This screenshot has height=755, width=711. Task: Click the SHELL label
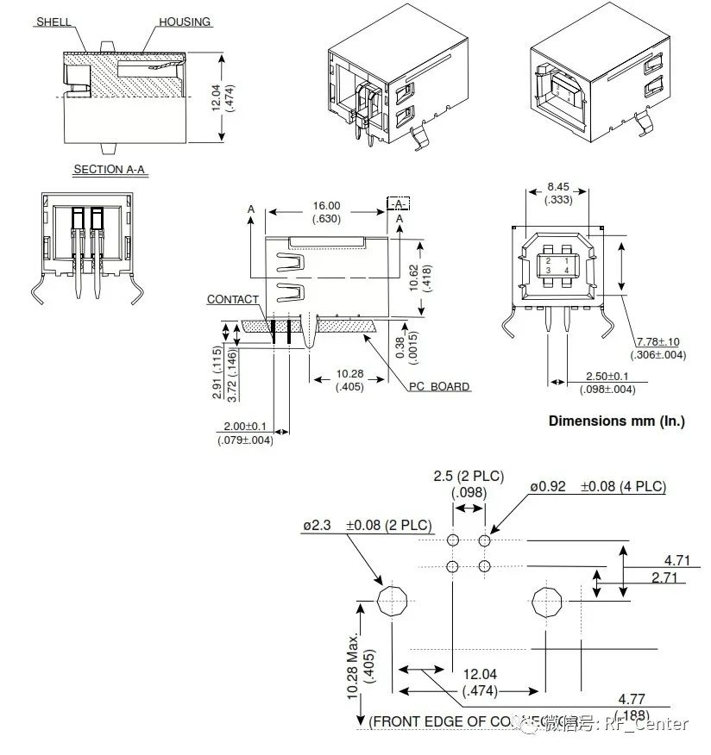tap(53, 22)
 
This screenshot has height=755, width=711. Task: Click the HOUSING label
tap(185, 22)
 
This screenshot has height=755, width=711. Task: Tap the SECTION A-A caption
tap(110, 170)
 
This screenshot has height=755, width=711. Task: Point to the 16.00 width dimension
tap(327, 206)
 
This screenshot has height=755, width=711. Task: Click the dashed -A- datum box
tap(398, 203)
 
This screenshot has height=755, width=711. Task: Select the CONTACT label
tap(232, 300)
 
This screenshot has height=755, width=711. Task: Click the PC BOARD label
tap(439, 386)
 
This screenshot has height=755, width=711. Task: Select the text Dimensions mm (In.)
tap(616, 421)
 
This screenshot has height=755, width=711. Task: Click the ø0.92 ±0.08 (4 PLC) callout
tap(598, 487)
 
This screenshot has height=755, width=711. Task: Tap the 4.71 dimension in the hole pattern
tap(677, 560)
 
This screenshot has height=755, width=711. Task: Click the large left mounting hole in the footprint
tap(393, 601)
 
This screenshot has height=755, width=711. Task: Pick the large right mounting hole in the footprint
tap(548, 601)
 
